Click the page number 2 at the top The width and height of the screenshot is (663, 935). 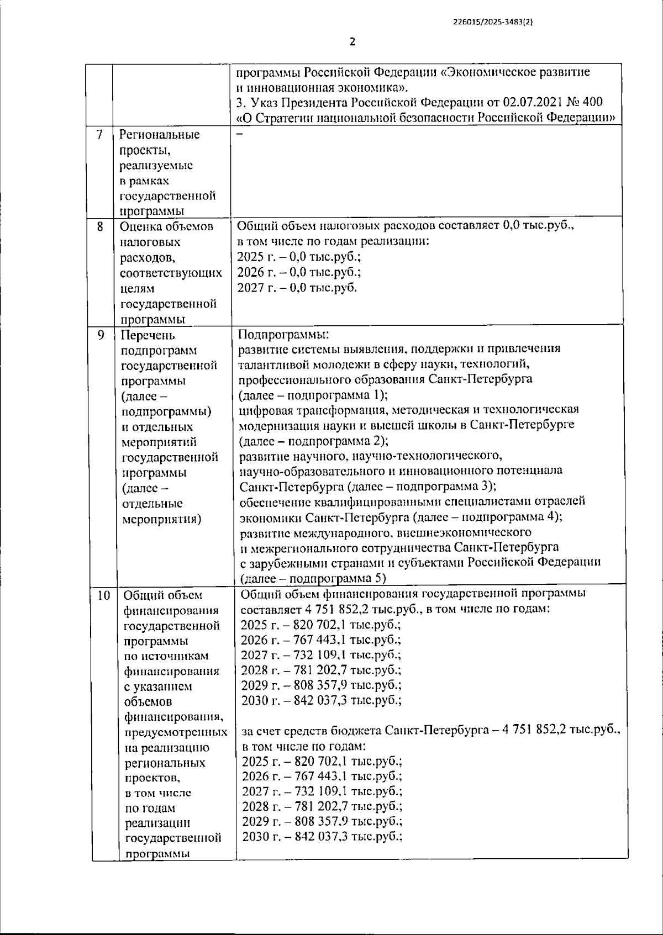coord(352,41)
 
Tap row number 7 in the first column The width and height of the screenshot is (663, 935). coord(99,135)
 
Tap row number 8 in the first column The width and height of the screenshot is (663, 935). coord(100,226)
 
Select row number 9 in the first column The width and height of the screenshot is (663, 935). coord(101,335)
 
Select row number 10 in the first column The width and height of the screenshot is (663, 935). coord(103,595)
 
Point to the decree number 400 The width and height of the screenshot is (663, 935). coord(591,102)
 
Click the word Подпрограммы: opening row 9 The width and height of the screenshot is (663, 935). coord(283,334)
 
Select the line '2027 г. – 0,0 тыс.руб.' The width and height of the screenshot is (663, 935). coord(297,288)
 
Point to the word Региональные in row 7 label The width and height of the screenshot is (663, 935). coord(160,135)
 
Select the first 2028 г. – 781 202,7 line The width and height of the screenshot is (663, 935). coord(321,670)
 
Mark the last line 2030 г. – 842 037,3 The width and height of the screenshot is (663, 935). coord(322,837)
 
